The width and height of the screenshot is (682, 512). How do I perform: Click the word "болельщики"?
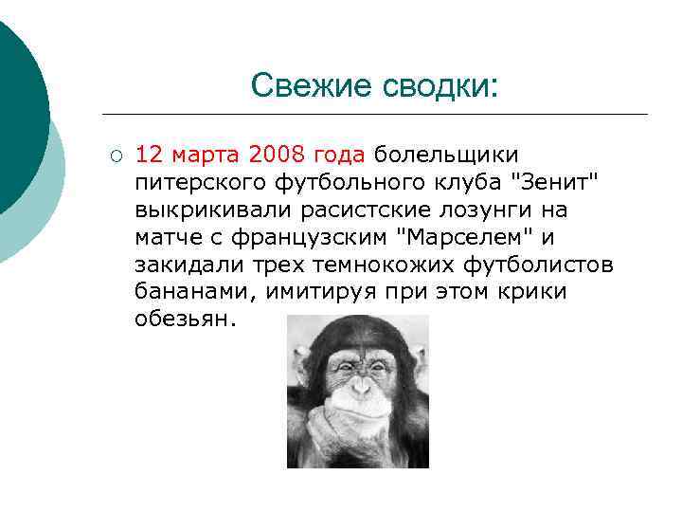point(447,154)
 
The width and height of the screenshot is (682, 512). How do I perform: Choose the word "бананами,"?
point(195,291)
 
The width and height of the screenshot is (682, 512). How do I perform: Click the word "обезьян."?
point(184,319)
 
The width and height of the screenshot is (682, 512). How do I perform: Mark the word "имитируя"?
point(317,291)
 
